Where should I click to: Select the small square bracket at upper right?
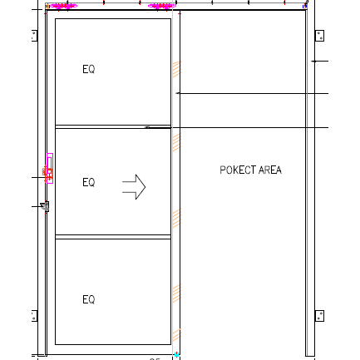coord(318,36)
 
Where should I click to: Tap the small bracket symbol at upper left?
coord(34,36)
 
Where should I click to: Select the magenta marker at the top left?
coord(63,6)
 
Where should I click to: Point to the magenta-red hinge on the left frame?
coord(49,171)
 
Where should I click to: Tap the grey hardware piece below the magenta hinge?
coord(45,206)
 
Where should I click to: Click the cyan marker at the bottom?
coord(176,355)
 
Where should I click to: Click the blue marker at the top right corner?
coord(305,6)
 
